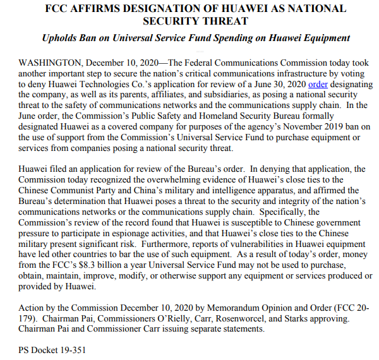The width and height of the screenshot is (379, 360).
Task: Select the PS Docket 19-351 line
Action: pyautogui.click(x=52, y=349)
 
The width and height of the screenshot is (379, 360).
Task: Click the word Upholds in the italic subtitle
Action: pyautogui.click(x=64, y=38)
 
